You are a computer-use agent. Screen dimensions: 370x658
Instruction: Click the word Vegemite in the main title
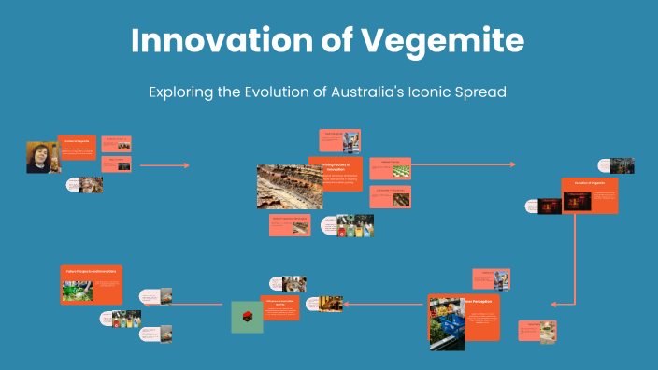pos(446,40)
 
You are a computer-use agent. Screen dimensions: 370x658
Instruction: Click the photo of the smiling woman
pos(43,157)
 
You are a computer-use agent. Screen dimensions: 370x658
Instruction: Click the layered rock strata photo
pos(290,186)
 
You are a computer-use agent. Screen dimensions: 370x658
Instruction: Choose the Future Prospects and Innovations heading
pos(92,272)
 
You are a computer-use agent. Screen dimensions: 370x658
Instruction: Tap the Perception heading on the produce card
pos(482,301)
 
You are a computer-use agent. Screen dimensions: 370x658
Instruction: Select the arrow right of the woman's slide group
pos(164,165)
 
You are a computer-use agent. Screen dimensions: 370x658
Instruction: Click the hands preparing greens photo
pos(77,291)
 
